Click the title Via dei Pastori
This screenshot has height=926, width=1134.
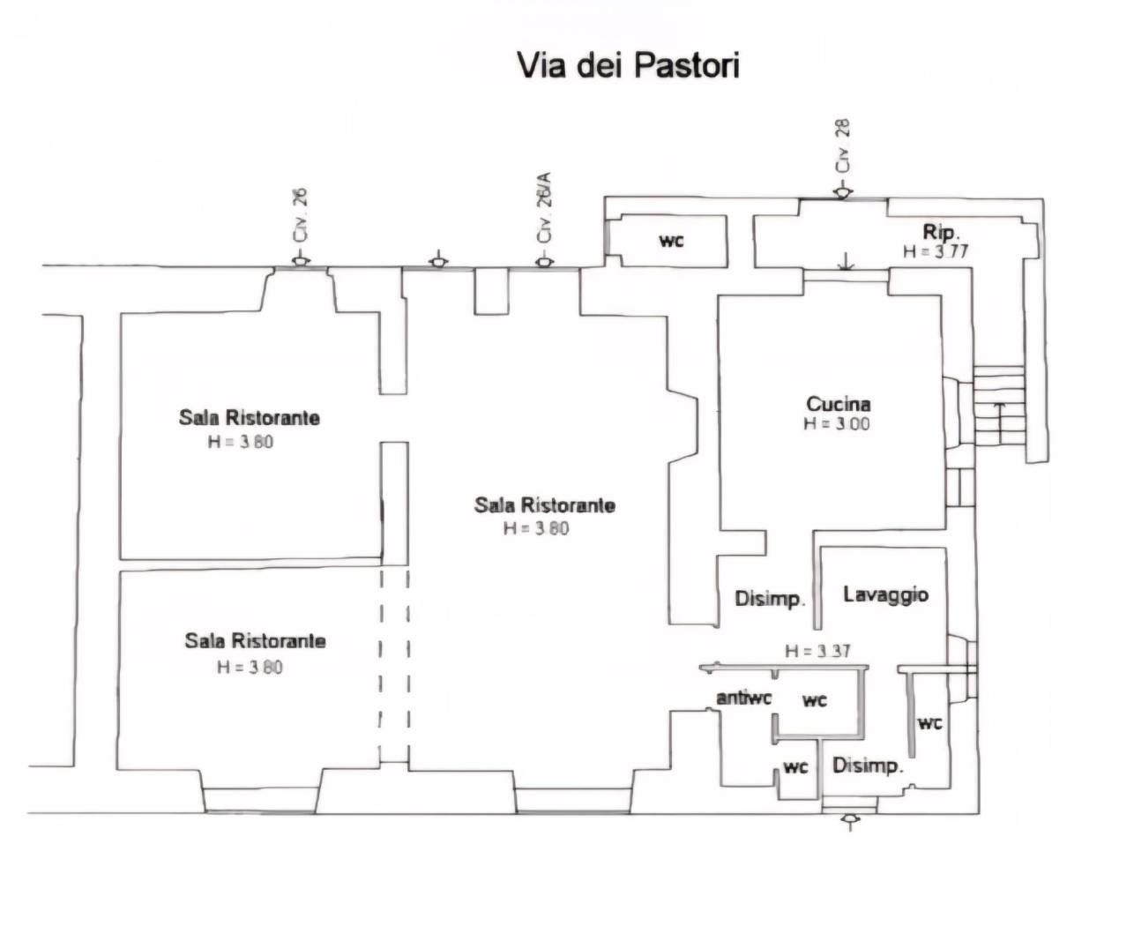pos(627,66)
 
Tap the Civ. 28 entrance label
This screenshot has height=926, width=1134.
pos(844,146)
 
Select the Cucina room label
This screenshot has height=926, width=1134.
pos(838,404)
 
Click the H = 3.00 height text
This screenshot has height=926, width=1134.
pos(836,424)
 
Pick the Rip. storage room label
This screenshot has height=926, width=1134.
pos(940,232)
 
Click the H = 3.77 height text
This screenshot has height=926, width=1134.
pos(935,251)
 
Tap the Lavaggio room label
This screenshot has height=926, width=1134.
pos(885,594)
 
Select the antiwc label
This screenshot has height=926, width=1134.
pos(743,698)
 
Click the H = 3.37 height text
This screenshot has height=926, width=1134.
pos(817,652)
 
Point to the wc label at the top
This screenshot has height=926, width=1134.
pos(671,240)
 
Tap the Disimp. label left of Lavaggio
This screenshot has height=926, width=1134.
pos(770,600)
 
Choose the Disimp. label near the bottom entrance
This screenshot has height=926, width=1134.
pos(868,765)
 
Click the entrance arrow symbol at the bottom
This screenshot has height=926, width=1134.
pos(850,822)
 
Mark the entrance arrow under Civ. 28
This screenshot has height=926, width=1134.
pos(843,191)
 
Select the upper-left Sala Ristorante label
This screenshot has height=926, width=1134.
pos(249,417)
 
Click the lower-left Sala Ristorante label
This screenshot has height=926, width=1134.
pos(255,641)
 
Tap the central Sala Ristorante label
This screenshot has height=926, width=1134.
pos(544,505)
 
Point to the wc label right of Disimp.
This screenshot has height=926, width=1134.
pos(929,723)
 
